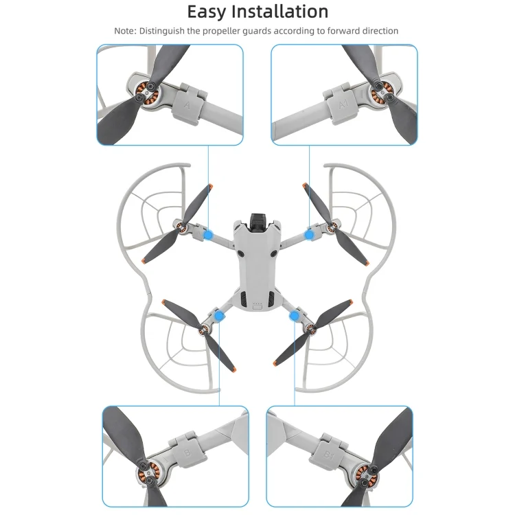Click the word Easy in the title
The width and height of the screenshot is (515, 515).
click(207, 12)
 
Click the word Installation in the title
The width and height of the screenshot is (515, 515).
click(280, 12)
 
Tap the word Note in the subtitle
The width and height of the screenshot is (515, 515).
click(124, 31)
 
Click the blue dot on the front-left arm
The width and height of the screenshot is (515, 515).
click(208, 235)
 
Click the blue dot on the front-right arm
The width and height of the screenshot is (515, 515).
click(309, 235)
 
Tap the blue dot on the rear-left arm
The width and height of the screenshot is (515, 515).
click(219, 317)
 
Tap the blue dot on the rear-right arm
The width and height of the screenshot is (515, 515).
click(294, 317)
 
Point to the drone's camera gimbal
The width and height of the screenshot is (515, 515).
click(257, 222)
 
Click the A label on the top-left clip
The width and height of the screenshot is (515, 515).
click(187, 106)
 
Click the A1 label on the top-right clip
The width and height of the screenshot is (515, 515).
click(343, 104)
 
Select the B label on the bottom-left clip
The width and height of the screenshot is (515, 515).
click(187, 453)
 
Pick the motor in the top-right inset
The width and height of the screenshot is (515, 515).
click(383, 92)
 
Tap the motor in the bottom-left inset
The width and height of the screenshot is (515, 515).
click(148, 473)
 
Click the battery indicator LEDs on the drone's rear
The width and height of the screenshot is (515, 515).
click(257, 304)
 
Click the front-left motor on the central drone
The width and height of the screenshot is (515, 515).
click(181, 227)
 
